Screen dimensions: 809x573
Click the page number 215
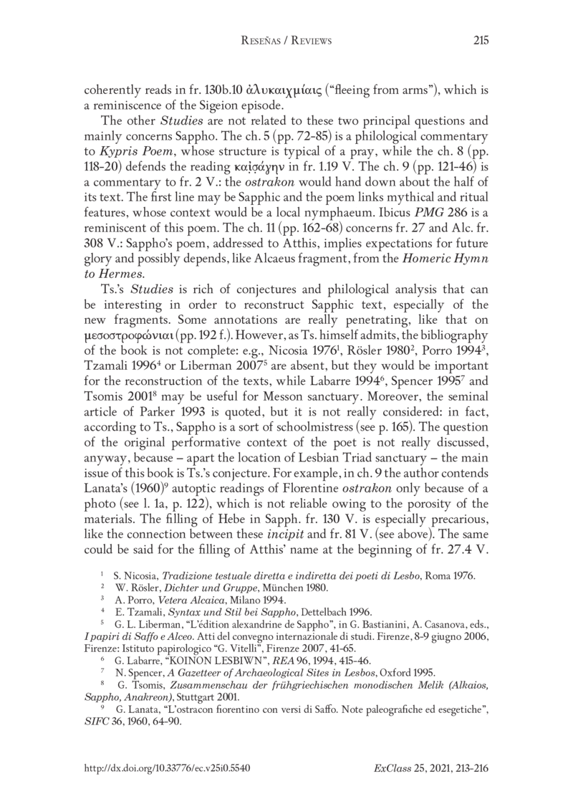pos(481,42)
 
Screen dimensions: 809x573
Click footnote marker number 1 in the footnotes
pos(105,575)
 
